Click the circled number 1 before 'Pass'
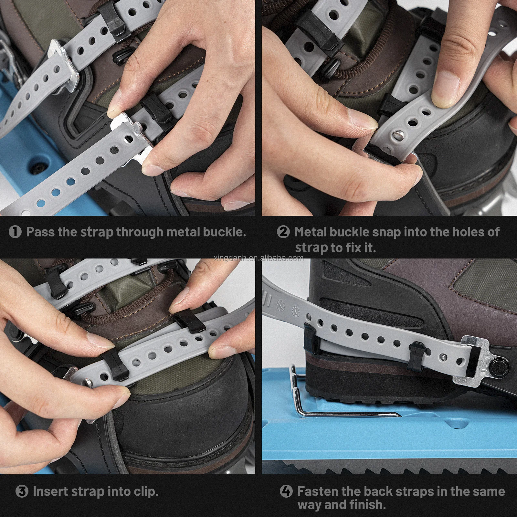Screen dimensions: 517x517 pyautogui.click(x=15, y=232)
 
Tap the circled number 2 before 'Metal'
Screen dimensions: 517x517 pyautogui.click(x=283, y=232)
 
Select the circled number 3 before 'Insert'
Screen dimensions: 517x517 pyautogui.click(x=22, y=491)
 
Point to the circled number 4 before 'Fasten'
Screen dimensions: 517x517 pyautogui.click(x=286, y=491)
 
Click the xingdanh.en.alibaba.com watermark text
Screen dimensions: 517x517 pyautogui.click(x=258, y=258)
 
